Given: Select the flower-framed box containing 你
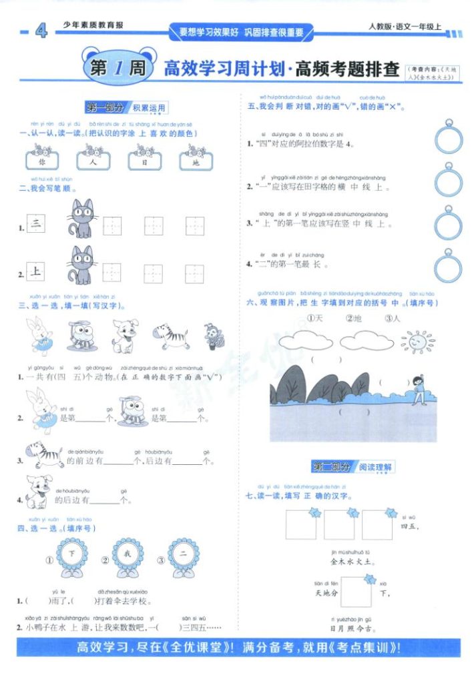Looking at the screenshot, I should tap(43, 161).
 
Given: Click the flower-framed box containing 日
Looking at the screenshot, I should tap(146, 161).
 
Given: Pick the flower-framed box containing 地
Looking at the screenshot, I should tap(196, 161).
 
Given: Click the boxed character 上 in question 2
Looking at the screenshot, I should tap(35, 271).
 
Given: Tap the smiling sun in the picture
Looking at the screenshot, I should tap(417, 341).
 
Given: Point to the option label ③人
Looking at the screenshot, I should tap(392, 318).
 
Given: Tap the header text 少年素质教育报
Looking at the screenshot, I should tap(93, 26).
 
